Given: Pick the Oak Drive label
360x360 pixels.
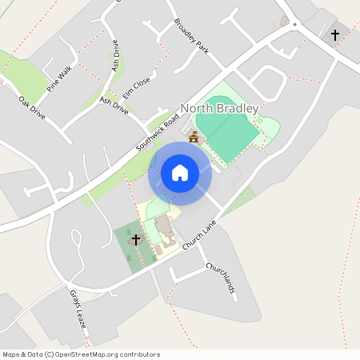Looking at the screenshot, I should (x=33, y=109).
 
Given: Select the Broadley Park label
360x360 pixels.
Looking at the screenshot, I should (x=191, y=36).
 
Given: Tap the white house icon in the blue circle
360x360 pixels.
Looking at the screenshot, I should (x=180, y=172).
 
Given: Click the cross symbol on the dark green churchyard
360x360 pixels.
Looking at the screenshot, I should (x=135, y=239).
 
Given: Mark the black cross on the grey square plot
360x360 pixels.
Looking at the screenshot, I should (x=334, y=35).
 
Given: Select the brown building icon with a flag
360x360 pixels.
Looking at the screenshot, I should (x=193, y=138).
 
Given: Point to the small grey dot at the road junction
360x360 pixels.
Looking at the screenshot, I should (x=295, y=25).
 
